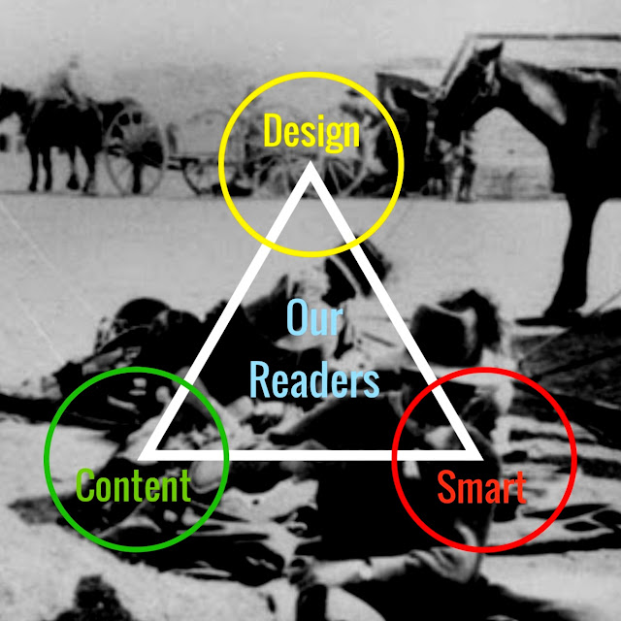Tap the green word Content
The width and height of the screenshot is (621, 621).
point(133,485)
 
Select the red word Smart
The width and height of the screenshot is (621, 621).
point(481,487)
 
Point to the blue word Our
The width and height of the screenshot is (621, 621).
point(311,317)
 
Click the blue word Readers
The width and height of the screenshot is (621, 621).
point(313,380)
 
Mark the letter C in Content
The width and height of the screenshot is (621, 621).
point(84,485)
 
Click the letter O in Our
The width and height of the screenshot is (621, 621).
point(296,317)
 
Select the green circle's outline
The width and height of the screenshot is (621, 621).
point(47,460)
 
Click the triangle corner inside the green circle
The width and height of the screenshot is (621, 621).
point(146,453)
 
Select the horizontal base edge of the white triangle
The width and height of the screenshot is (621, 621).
point(310,453)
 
